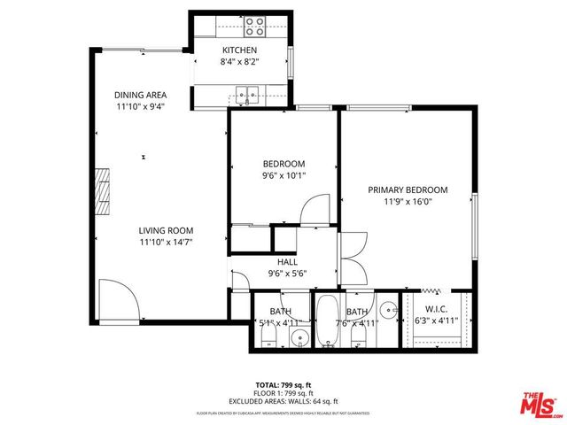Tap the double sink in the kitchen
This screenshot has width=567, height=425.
pos(246,90)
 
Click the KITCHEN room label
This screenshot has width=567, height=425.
pos(239,50)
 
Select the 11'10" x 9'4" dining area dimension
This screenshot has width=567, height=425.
pos(140,107)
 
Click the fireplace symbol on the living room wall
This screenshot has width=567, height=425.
pos(105,189)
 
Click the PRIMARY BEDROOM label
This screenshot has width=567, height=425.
pos(408,189)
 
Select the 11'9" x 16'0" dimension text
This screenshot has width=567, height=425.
pos(408,201)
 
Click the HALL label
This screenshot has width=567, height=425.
pos(287,262)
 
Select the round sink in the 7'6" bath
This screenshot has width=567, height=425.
pos(388,311)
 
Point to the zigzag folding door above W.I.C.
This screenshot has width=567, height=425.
pos(431,290)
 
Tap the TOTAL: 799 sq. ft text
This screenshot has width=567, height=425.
pos(283,384)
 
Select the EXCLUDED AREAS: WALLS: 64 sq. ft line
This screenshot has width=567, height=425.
pos(283,400)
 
